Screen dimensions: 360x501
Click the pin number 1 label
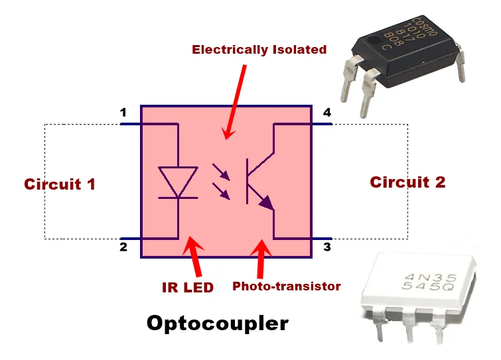pos(123,113)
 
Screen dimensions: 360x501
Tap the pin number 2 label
pos(123,248)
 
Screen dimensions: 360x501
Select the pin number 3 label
pos(326,248)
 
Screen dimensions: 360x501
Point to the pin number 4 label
pos(326,113)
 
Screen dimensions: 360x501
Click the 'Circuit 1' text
pos(60,184)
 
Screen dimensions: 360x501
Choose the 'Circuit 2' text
pos(407,182)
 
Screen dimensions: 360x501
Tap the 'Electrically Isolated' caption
pos(259,50)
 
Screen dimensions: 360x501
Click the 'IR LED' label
pos(188,287)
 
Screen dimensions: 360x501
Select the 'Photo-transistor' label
pos(286,286)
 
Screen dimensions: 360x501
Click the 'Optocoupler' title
pos(218,323)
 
